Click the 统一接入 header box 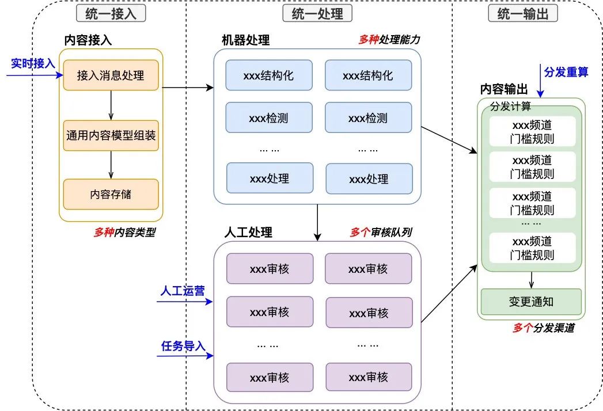pyautogui.click(x=111, y=14)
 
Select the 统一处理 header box pyautogui.click(x=317, y=14)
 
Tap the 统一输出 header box pyautogui.click(x=523, y=14)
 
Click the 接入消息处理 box pyautogui.click(x=110, y=75)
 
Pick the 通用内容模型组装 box pyautogui.click(x=111, y=136)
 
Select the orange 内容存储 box pyautogui.click(x=111, y=194)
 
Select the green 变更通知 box pyautogui.click(x=531, y=301)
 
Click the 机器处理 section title pyautogui.click(x=245, y=40)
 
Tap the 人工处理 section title pyautogui.click(x=248, y=233)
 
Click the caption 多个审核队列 pyautogui.click(x=381, y=233)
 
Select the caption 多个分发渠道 pyautogui.click(x=543, y=328)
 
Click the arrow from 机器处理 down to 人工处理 pyautogui.click(x=317, y=222)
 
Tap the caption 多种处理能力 pyautogui.click(x=389, y=40)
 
